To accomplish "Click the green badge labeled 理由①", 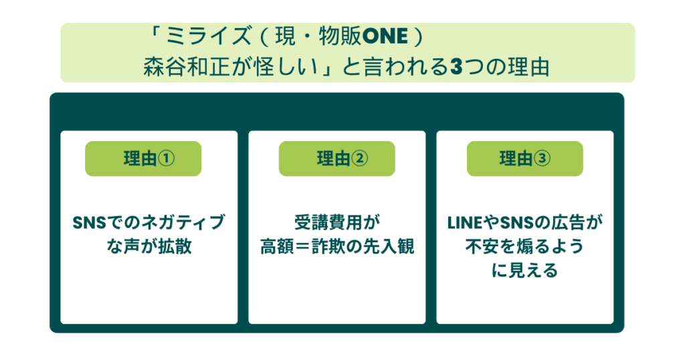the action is point(143,159).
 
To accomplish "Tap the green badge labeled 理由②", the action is point(337,159).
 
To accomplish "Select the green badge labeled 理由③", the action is point(524,159).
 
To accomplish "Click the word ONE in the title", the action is point(385,37).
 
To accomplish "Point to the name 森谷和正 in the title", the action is point(186,68).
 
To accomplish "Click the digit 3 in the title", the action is point(456,68).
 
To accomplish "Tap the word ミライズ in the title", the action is point(209,36).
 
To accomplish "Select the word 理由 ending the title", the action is point(528,68).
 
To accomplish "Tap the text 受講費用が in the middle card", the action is point(337,222).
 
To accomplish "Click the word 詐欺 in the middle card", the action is point(328,246).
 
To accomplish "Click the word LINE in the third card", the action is point(464,223).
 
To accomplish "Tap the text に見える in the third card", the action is point(524,270).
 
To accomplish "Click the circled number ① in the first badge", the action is point(166,159).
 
